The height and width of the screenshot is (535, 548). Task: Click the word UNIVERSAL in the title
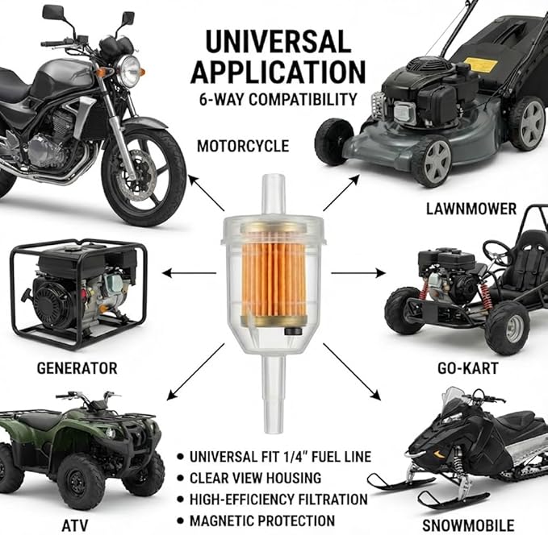[278, 42]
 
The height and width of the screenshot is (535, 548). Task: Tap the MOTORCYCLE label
[243, 146]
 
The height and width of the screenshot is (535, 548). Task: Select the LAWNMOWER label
[471, 209]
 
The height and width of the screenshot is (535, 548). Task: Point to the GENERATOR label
[77, 368]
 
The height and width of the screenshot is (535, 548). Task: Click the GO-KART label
[467, 368]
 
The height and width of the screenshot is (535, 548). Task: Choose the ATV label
[75, 525]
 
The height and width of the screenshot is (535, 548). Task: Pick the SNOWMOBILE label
[468, 525]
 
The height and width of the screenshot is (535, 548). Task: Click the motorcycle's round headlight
[128, 72]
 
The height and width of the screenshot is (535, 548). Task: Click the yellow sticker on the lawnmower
[481, 64]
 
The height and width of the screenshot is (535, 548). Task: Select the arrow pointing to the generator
[189, 273]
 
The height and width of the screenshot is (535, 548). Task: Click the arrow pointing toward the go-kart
[358, 273]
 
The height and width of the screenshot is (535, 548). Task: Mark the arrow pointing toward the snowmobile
[352, 371]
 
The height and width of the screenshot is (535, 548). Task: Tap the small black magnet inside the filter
[292, 331]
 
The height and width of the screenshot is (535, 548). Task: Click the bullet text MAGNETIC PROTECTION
[262, 520]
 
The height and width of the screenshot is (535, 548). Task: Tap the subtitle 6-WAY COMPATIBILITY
[278, 99]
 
